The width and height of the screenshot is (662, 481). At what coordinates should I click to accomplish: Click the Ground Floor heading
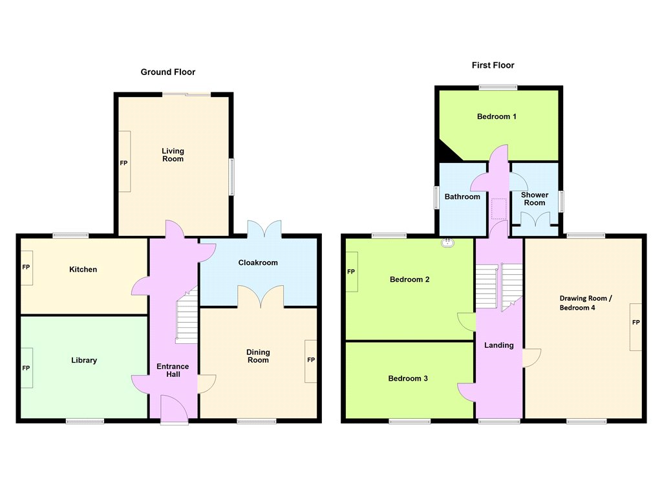(x=168, y=72)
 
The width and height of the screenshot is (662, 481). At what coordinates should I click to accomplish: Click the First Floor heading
(x=493, y=65)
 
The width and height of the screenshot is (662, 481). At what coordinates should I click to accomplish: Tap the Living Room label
(x=173, y=155)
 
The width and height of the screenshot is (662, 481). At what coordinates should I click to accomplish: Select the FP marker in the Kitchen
(x=26, y=267)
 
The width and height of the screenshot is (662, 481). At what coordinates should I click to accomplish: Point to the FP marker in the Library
(x=26, y=369)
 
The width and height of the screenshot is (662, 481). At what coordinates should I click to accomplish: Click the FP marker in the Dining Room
(x=311, y=360)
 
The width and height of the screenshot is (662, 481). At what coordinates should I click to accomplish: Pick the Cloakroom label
(x=258, y=262)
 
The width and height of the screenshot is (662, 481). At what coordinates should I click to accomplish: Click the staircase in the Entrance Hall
(x=187, y=315)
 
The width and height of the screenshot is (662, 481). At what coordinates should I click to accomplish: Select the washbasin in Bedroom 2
(x=447, y=242)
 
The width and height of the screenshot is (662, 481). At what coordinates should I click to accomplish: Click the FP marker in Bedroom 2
(x=351, y=272)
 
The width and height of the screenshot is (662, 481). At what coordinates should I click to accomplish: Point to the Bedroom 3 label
(x=408, y=379)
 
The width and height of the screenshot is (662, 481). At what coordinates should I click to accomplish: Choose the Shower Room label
(x=535, y=199)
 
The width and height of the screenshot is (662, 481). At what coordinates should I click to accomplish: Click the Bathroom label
(x=462, y=197)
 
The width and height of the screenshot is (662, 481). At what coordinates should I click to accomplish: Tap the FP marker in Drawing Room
(x=636, y=323)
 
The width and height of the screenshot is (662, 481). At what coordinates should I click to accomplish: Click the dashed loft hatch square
(x=499, y=209)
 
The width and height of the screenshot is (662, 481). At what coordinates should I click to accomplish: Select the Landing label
(x=499, y=345)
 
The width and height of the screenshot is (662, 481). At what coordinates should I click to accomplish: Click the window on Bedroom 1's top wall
(x=498, y=87)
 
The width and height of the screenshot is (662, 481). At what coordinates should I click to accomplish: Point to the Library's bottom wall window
(x=85, y=421)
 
